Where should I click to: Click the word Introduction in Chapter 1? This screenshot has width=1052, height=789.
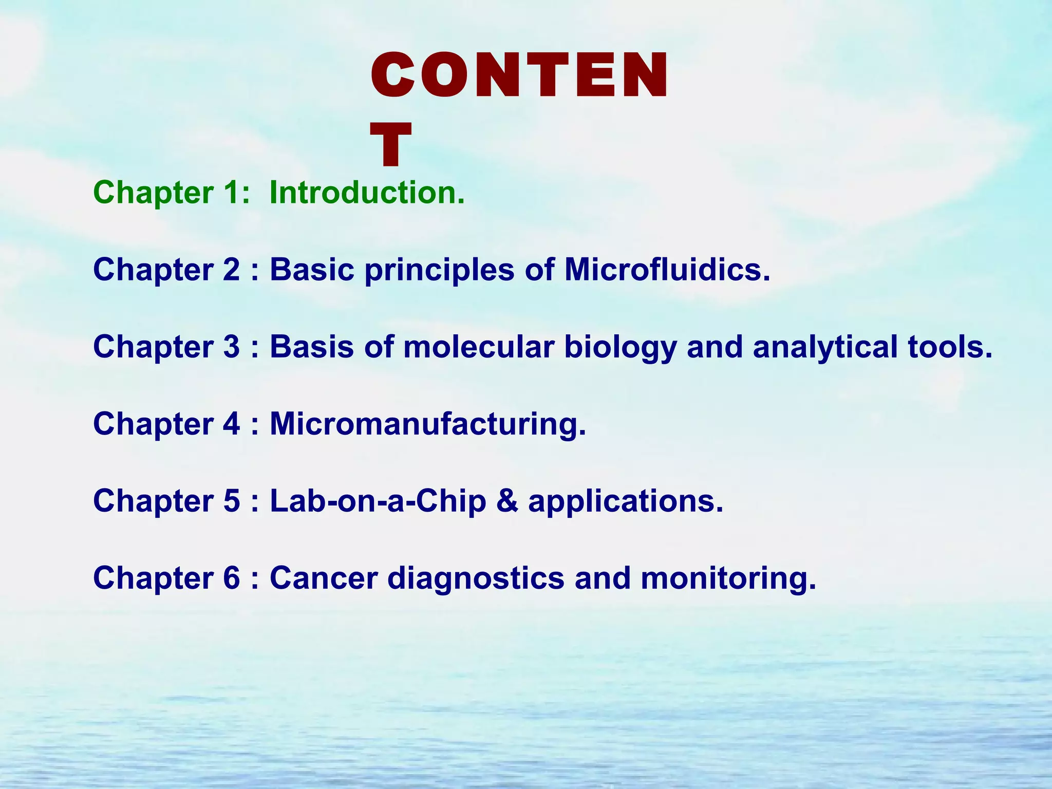367,193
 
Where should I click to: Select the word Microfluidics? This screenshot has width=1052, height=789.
667,269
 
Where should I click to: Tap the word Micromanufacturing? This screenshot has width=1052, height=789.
427,424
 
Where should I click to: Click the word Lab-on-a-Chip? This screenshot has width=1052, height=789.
378,501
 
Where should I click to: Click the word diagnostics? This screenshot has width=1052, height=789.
476,578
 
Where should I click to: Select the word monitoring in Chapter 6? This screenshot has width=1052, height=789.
728,578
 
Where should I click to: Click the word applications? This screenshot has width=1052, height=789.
625,501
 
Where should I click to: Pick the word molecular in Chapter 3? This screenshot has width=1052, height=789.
479,347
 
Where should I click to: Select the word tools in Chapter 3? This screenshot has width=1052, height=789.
950,347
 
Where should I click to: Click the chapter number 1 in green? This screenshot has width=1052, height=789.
230,193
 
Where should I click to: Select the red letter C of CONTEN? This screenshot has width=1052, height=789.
393,76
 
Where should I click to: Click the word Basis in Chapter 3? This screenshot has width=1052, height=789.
312,347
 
